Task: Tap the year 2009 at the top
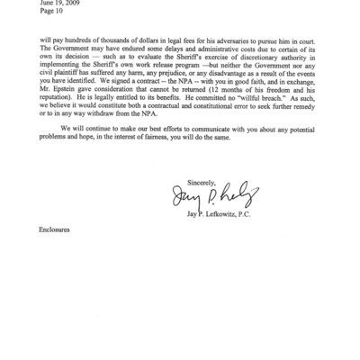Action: [75, 3]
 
